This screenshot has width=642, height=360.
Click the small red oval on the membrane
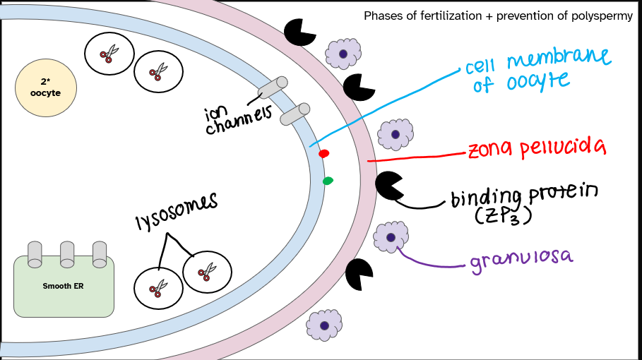(323, 153)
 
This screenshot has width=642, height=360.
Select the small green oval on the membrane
(328, 181)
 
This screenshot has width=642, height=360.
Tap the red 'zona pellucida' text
(537, 148)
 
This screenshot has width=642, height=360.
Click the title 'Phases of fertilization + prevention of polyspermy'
(498, 16)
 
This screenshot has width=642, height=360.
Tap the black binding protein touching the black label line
(388, 185)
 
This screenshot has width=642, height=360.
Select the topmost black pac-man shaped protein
(299, 30)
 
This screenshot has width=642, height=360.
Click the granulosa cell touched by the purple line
(391, 236)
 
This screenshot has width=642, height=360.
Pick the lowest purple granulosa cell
(324, 325)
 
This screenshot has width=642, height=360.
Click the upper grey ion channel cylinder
(273, 87)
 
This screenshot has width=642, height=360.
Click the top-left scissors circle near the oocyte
(108, 53)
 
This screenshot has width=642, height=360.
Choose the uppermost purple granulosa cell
(343, 53)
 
